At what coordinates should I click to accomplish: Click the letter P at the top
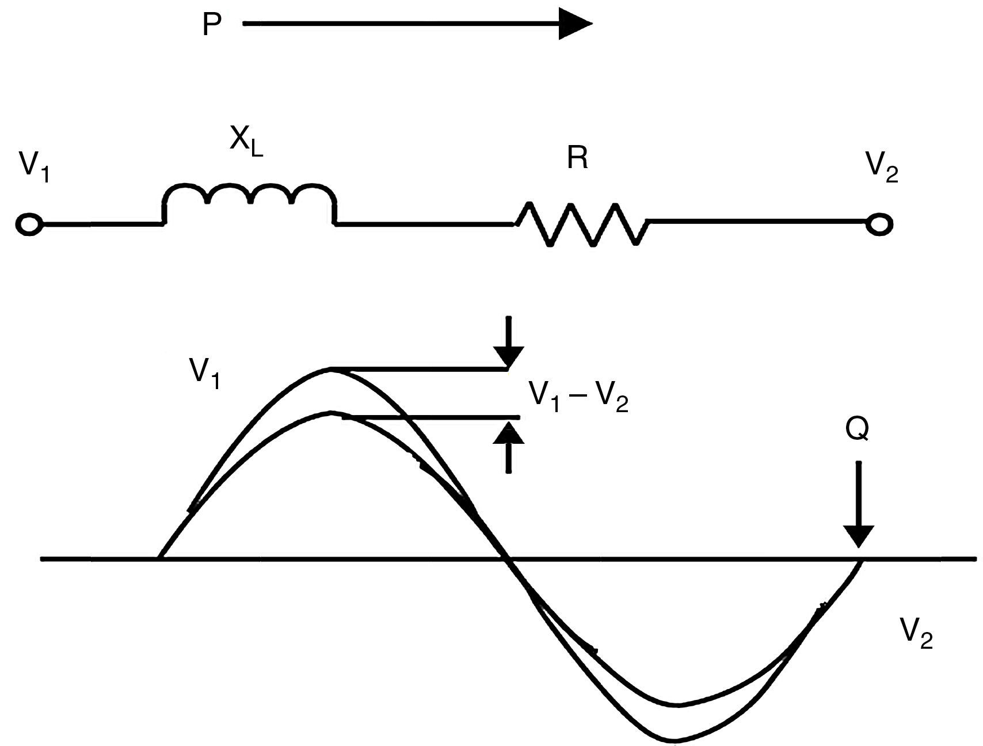pyautogui.click(x=212, y=25)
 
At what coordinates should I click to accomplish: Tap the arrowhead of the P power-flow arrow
pyautogui.click(x=575, y=24)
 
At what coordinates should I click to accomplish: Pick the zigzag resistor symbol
pyautogui.click(x=582, y=224)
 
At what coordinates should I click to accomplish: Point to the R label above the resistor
pyautogui.click(x=577, y=157)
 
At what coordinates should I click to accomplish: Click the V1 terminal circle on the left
pyautogui.click(x=28, y=224)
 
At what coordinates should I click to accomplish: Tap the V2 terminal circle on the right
pyautogui.click(x=879, y=224)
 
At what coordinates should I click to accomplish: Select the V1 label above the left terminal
pyautogui.click(x=34, y=167)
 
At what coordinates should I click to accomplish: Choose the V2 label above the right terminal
pyautogui.click(x=881, y=167)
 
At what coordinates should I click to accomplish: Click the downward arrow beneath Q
pyautogui.click(x=858, y=507)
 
